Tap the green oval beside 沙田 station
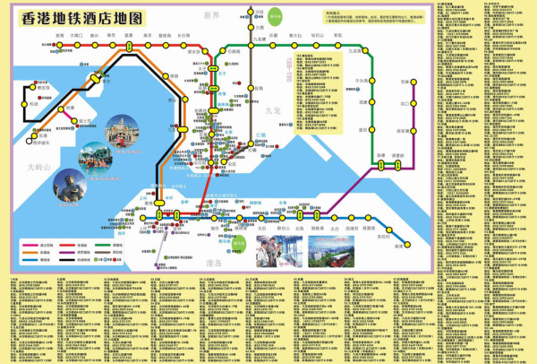[x=277, y=15]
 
